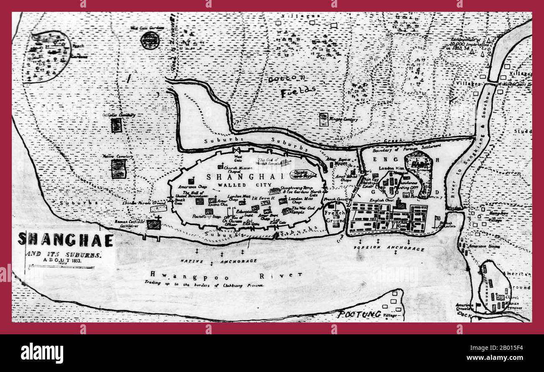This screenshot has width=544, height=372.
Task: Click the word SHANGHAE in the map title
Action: point(66,240)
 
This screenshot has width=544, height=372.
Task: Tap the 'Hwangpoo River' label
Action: point(226,275)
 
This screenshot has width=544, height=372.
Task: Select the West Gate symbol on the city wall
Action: point(237,150)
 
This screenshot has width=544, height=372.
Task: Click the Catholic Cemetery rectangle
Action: point(116,125)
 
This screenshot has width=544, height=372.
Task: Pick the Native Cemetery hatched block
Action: point(118,168)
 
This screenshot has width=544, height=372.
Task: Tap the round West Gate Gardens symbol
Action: point(150,40)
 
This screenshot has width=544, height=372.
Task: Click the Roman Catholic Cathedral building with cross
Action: point(154,224)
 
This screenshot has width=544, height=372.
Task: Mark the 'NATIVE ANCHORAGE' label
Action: point(218,261)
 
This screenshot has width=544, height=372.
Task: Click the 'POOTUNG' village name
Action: point(359,314)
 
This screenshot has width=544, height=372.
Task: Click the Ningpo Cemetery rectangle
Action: point(323,119)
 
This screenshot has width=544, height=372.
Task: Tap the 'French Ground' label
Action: point(335,217)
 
